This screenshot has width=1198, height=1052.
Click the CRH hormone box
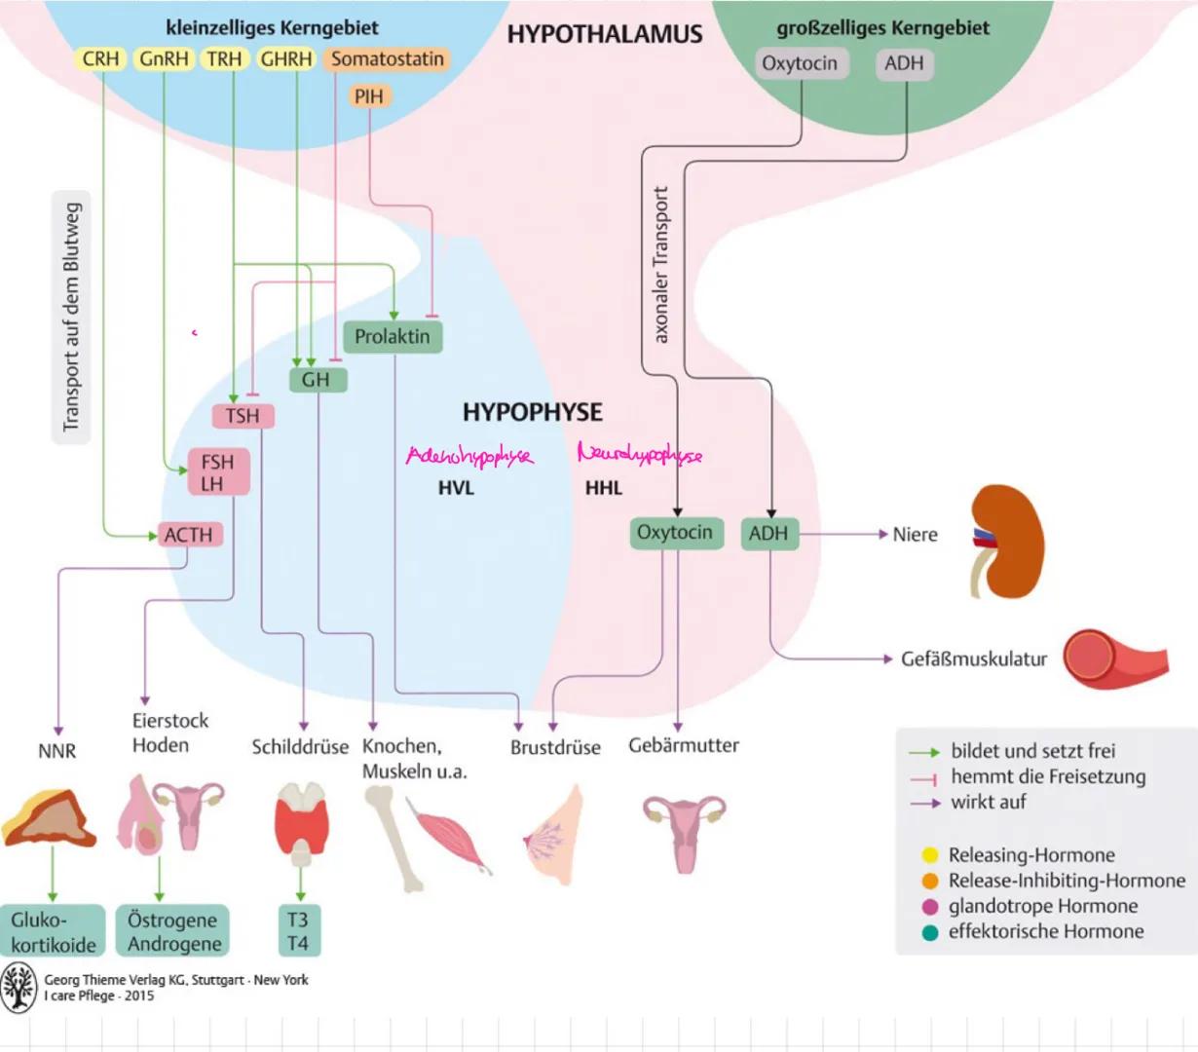coord(100,59)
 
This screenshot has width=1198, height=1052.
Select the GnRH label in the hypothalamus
coord(164,59)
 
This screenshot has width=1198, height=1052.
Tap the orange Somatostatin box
coord(387,59)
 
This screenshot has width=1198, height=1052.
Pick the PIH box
coord(369,96)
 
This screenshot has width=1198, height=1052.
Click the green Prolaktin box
coord(393,337)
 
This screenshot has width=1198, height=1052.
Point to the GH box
coord(317,380)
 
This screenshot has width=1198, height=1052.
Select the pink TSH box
coord(243,417)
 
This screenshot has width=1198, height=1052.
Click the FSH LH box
coord(218,472)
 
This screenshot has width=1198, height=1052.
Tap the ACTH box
coord(189,535)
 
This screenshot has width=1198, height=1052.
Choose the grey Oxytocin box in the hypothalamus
coord(800,64)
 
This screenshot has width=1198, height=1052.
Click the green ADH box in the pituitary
coord(768,534)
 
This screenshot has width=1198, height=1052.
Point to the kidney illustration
coord(1007,541)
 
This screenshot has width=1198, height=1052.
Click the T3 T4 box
coord(298,931)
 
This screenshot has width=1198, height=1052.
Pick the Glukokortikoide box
coord(54,931)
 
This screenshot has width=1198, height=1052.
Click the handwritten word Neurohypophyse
coord(639,454)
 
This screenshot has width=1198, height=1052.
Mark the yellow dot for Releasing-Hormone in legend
coord(930,855)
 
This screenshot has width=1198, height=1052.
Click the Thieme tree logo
coord(19,988)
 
